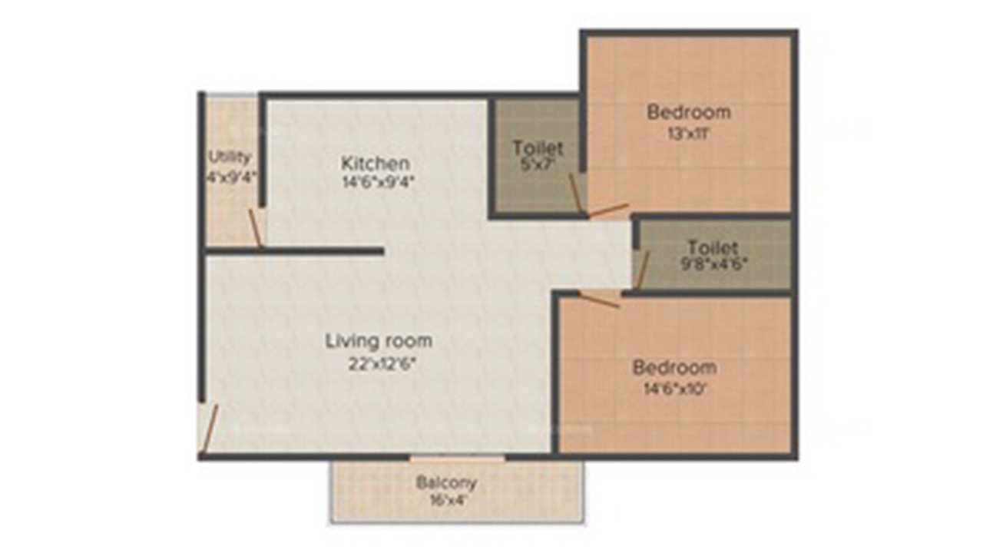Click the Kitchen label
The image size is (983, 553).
pyautogui.click(x=376, y=164)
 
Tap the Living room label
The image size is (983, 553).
pyautogui.click(x=379, y=341)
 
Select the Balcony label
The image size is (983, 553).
pyautogui.click(x=446, y=483)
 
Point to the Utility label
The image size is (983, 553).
pyautogui.click(x=230, y=157)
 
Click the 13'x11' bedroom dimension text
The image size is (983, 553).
pyautogui.click(x=688, y=134)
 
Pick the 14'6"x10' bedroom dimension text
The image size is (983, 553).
pyautogui.click(x=674, y=389)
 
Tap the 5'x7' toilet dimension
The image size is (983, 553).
pyautogui.click(x=538, y=165)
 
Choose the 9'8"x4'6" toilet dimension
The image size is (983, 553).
pyautogui.click(x=713, y=263)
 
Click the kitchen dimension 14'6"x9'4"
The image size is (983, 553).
pyautogui.click(x=378, y=182)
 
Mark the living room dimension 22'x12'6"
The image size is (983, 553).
pyautogui.click(x=382, y=364)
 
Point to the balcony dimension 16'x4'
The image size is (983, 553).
pyautogui.click(x=446, y=500)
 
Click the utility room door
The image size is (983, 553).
pyautogui.click(x=256, y=228)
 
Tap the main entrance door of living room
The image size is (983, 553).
pyautogui.click(x=210, y=429)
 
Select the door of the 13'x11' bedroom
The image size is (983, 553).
pyautogui.click(x=608, y=210)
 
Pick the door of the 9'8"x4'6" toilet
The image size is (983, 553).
pyautogui.click(x=643, y=270)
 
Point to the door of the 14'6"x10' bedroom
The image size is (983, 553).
pyautogui.click(x=599, y=300)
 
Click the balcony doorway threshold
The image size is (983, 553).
pyautogui.click(x=457, y=459)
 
